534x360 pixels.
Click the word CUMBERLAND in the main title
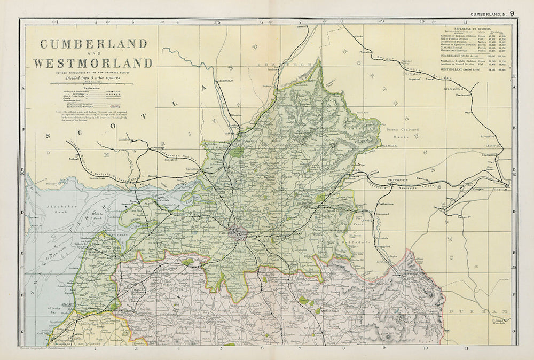coord(93,44)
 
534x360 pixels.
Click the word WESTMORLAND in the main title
coord(93,63)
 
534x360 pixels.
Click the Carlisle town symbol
coord(242,234)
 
